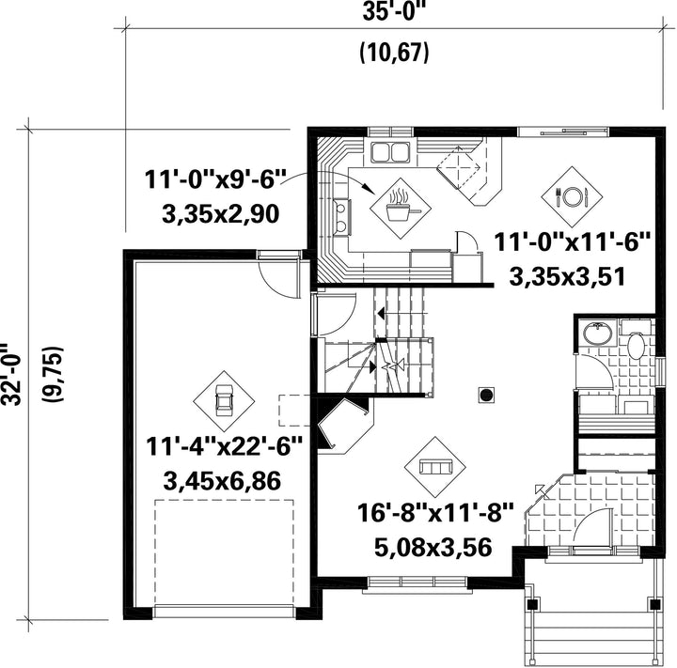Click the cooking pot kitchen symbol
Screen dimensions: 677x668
401,209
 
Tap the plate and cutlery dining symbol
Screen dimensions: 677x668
573,196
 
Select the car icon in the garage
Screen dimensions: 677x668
224,401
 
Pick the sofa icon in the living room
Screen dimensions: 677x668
435,467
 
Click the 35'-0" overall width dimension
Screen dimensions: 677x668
391,12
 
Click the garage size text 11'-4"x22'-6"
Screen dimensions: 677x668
224,447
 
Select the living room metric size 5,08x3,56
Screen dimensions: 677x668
433,547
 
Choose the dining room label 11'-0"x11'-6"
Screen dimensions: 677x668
572,242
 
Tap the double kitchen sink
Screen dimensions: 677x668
391,152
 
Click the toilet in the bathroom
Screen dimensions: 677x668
636,345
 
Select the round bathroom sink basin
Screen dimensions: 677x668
598,333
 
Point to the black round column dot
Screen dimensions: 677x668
487,395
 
